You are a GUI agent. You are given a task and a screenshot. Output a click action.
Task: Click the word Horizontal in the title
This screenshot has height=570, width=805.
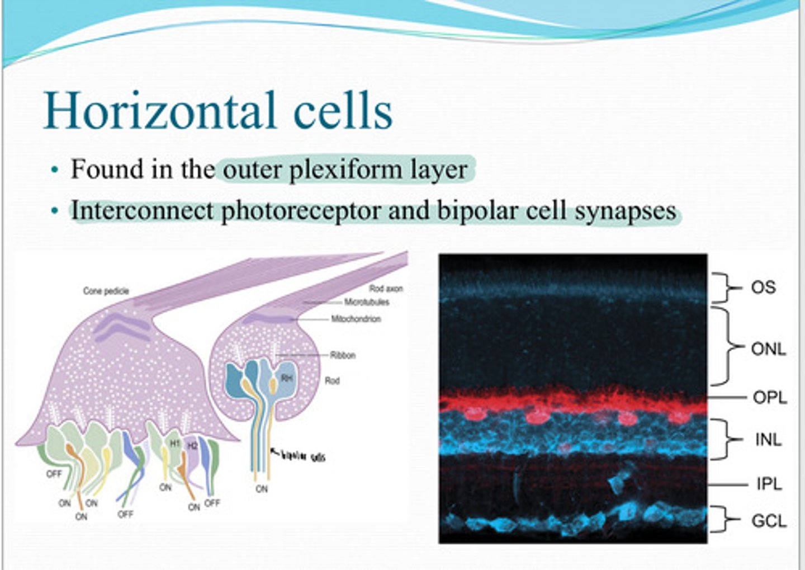coord(160,111)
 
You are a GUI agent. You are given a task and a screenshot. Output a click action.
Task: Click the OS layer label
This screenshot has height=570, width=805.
coord(763,288)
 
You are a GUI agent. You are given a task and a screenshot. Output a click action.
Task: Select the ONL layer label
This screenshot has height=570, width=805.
coord(768,349)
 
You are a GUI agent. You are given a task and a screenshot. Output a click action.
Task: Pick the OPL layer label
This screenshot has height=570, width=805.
coord(770,398)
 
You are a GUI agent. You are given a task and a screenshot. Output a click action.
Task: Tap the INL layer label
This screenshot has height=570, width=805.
coord(768,440)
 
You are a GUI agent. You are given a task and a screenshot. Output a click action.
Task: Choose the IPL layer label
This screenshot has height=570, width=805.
coord(769,484)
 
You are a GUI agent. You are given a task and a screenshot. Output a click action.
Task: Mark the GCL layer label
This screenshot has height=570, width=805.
coord(769,521)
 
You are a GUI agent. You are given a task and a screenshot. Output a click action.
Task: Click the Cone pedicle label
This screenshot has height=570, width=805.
coord(106,291)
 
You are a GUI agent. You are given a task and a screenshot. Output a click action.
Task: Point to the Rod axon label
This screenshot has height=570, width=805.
coord(386,289)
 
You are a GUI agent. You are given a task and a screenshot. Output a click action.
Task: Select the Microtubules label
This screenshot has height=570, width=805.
coord(367,302)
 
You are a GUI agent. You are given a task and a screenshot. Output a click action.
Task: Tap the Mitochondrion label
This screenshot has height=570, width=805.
coord(356,319)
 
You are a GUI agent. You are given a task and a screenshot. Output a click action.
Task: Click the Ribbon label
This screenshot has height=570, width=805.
coord(343,355)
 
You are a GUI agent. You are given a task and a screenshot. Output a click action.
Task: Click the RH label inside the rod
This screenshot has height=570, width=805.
coord(287,379)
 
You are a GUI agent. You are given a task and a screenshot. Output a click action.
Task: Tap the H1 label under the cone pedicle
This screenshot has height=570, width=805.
coord(174,443)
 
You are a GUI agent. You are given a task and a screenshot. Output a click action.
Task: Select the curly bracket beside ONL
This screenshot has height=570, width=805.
coord(727,346)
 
